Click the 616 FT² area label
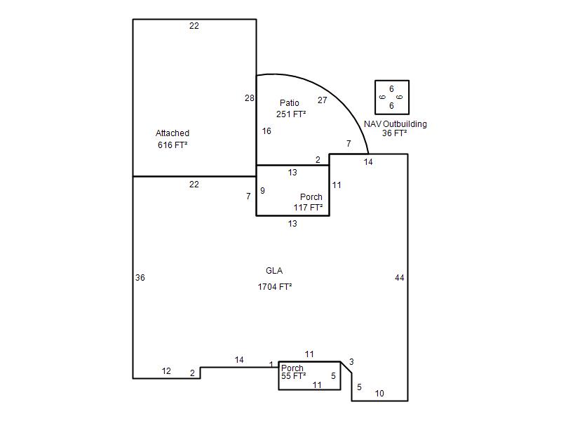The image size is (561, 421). click(173, 145)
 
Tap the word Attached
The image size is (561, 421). click(173, 133)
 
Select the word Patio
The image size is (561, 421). click(289, 103)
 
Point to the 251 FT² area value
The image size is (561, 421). click(291, 114)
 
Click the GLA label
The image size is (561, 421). click(274, 271)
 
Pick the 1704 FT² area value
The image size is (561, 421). click(275, 286)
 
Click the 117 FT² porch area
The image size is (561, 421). click(308, 208)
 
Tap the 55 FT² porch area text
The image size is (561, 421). click(293, 377)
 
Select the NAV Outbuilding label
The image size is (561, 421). click(395, 124)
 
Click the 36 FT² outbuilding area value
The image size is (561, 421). click(395, 133)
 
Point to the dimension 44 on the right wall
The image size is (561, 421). click(400, 278)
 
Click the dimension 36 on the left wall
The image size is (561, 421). click(140, 278)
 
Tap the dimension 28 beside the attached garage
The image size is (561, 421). click(250, 98)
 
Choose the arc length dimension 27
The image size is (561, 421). click(323, 100)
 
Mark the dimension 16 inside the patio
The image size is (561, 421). click(266, 131)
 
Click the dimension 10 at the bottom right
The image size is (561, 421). click(379, 394)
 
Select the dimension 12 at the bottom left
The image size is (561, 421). click(166, 371)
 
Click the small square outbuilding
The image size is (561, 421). click(392, 98)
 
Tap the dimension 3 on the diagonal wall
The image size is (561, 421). click(351, 362)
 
